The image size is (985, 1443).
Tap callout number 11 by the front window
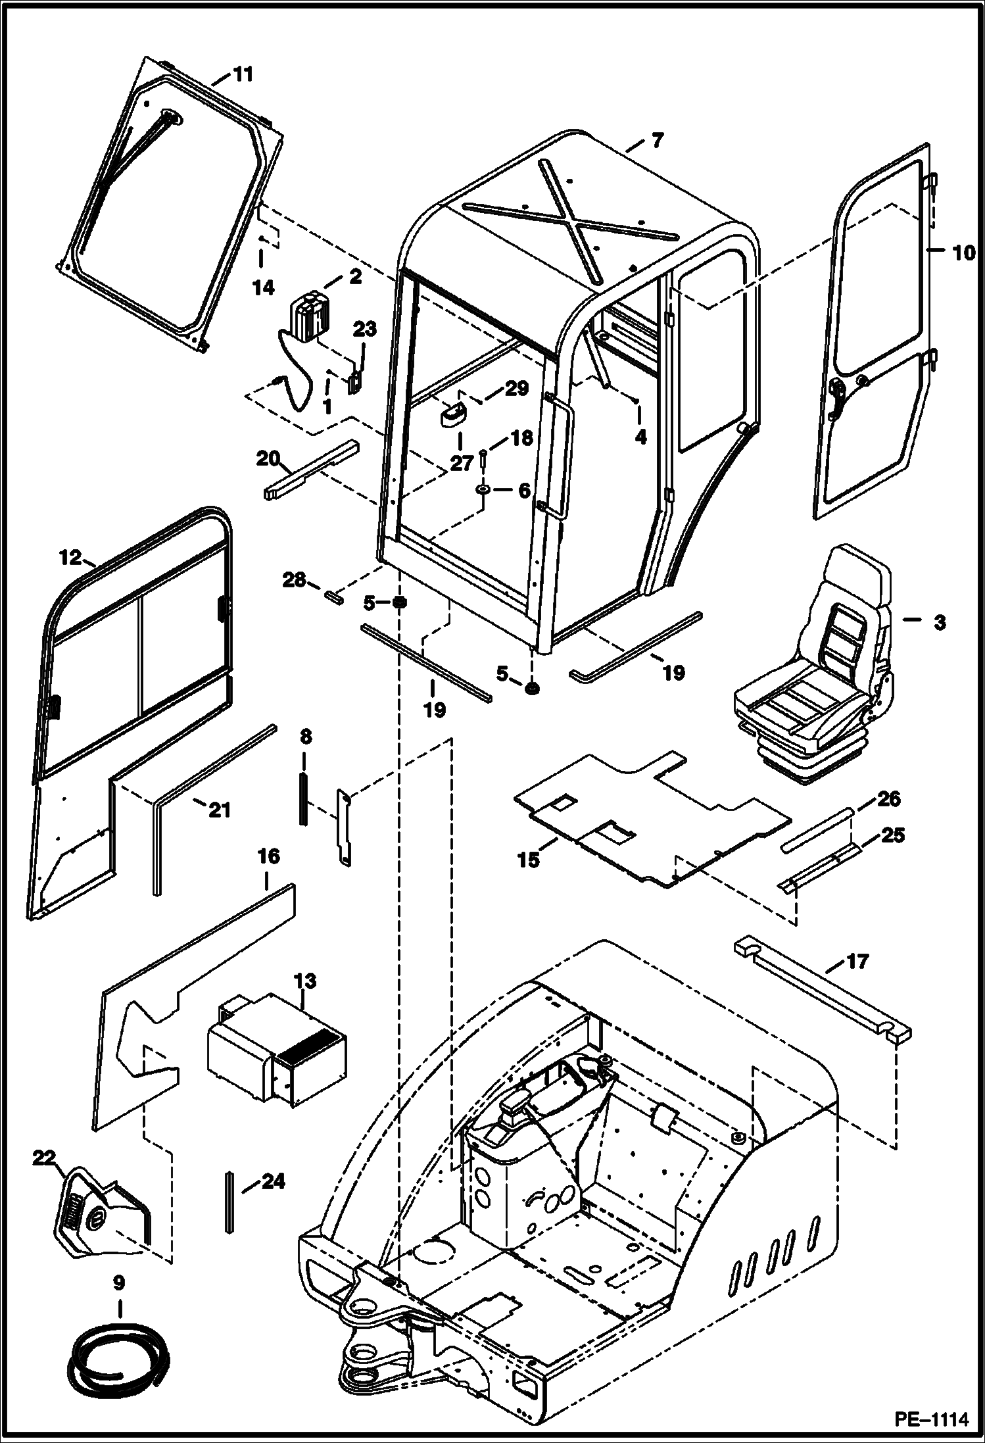point(243,74)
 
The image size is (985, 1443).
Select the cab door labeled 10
point(871,329)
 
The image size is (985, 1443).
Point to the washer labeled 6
point(483,491)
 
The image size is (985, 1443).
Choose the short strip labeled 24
point(228,1201)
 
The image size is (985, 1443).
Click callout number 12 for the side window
point(70,558)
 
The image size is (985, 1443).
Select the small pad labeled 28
point(333,597)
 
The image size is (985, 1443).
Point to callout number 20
point(268,458)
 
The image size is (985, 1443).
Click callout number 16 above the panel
point(268,856)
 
